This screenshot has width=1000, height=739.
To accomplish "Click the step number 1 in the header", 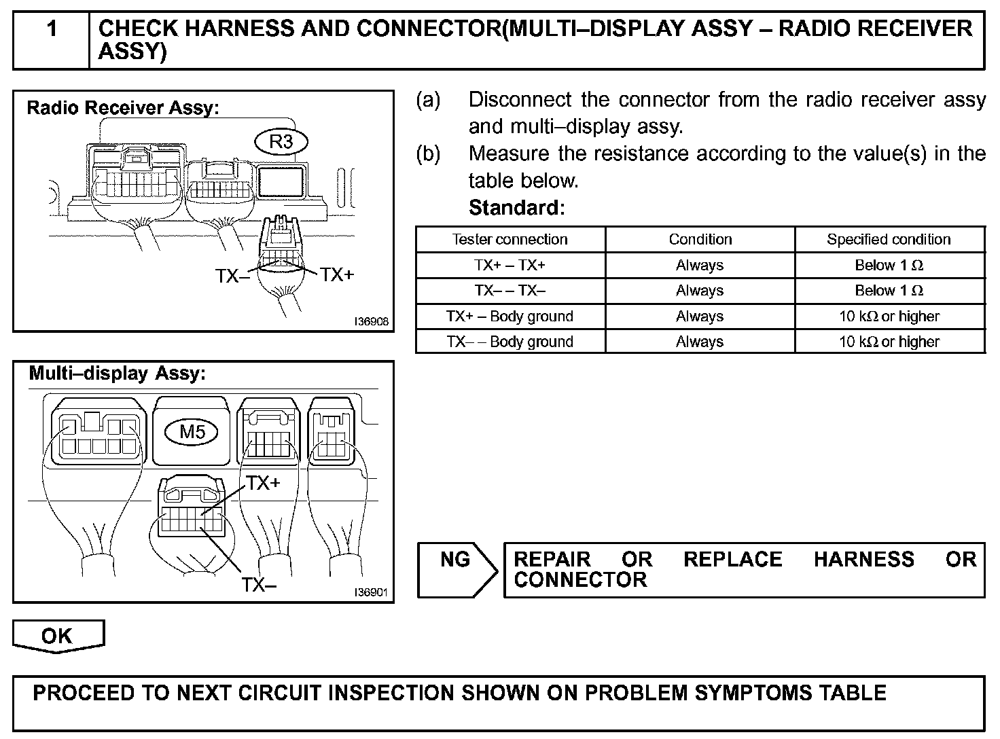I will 52,30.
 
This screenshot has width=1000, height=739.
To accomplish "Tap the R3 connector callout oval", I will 281,142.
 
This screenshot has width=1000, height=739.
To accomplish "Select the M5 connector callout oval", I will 192,431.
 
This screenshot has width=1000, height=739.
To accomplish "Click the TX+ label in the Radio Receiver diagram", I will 337,274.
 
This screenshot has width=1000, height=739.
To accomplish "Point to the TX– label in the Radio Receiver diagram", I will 232,276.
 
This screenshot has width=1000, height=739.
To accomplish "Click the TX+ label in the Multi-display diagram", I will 263,483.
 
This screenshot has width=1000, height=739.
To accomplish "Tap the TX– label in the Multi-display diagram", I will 259,584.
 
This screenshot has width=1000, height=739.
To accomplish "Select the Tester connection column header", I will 510,239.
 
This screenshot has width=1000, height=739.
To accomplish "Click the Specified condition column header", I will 889,239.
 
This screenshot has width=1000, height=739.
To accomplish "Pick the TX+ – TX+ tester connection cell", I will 510,265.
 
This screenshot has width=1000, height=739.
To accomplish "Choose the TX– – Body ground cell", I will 510,342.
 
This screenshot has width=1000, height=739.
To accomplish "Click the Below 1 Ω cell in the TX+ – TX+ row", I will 889,265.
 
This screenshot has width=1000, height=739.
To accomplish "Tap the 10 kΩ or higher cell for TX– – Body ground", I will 889,342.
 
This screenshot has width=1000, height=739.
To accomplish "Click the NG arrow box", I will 456,569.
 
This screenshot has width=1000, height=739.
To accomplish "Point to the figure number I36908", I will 371,321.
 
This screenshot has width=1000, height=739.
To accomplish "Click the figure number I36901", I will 371,592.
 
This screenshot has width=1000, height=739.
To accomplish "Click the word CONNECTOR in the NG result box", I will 580,580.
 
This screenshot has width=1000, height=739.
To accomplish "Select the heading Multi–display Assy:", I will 117,373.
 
